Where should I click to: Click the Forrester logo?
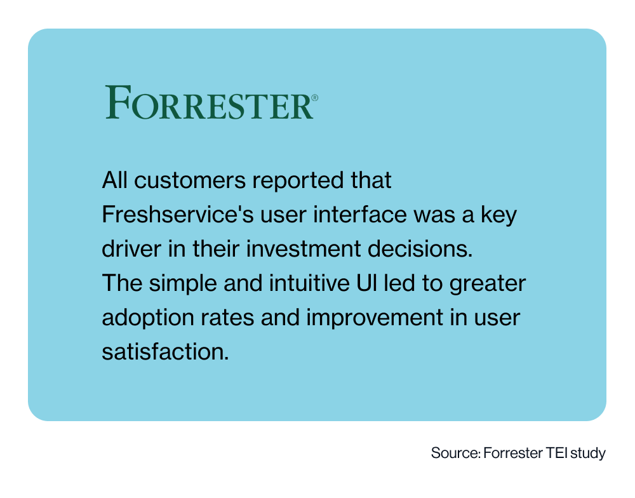pos(210,103)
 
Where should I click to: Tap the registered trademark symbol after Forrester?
pos(315,99)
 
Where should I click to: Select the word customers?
pos(192,181)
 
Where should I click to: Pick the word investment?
pos(291,249)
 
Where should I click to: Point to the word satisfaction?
pos(164,351)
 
